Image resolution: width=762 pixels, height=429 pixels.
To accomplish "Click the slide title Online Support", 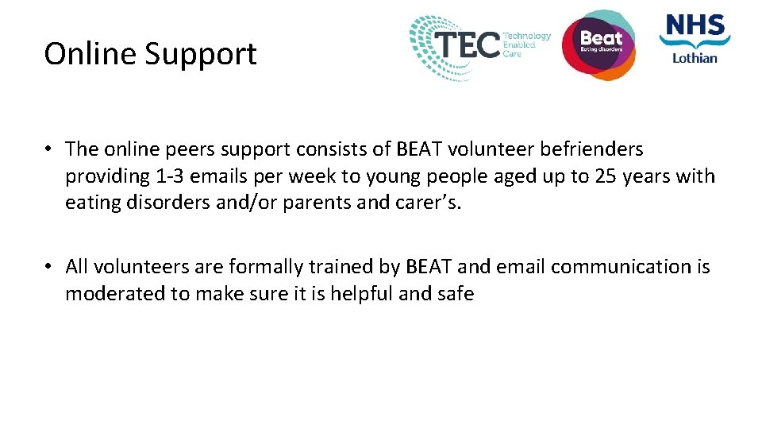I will pyautogui.click(x=150, y=54).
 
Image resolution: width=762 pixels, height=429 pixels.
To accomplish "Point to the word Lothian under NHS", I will pyautogui.click(x=695, y=57).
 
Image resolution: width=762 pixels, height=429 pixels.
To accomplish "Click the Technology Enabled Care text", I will pyautogui.click(x=526, y=44).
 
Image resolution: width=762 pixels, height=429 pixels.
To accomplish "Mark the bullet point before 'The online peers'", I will pyautogui.click(x=49, y=149).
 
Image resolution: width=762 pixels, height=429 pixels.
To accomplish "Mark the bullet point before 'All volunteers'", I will pyautogui.click(x=49, y=267).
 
